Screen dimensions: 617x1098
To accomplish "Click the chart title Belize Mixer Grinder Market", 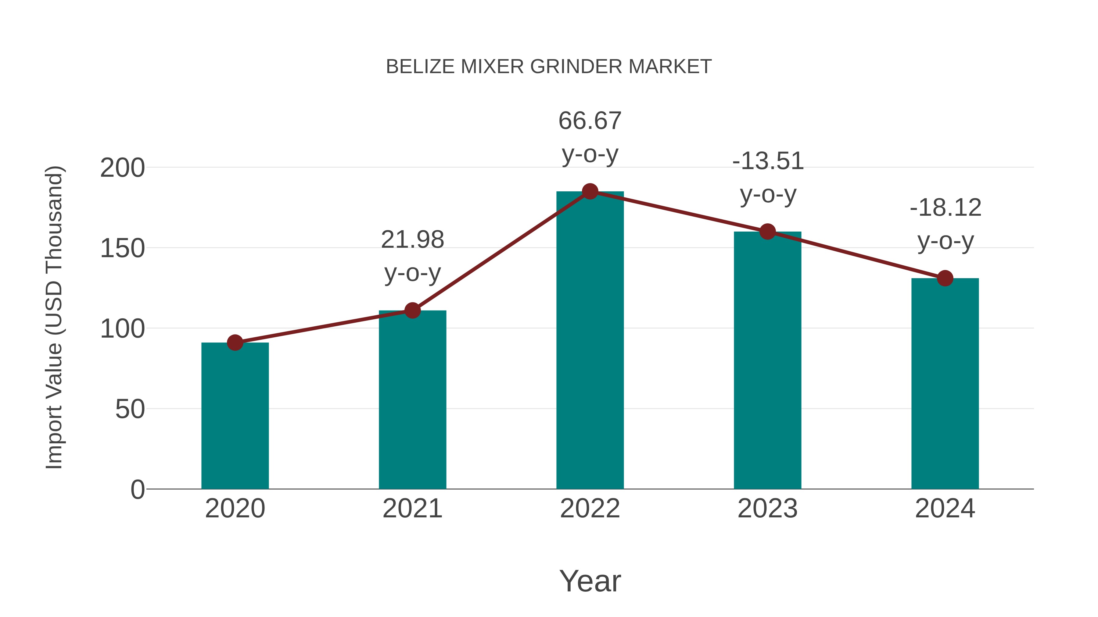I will coord(549,67).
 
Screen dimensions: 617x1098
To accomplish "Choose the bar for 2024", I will coord(945,383).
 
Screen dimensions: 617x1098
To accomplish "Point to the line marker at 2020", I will coord(235,342).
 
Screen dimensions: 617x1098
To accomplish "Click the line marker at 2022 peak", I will coord(590,192).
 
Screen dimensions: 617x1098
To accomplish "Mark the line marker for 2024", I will coord(945,278).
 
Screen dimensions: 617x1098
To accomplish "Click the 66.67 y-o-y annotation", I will coord(590,137).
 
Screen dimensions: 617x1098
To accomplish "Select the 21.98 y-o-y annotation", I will coord(412,256).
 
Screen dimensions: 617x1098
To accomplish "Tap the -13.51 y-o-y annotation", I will coord(768,178).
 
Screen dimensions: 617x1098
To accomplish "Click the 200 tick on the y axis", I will coord(122,168).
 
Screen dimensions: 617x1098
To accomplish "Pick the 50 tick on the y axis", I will coord(130,409).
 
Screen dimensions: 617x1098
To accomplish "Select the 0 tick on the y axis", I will coord(138,489).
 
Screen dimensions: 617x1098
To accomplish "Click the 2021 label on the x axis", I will coord(412,509).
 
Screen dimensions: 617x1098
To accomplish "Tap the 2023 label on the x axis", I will coord(767,509).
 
